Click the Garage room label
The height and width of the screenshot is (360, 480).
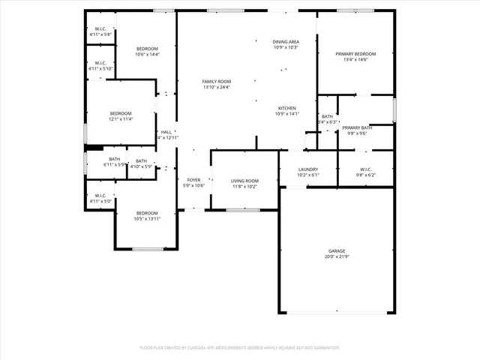(336, 251)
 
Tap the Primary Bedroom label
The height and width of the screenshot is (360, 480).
(355, 54)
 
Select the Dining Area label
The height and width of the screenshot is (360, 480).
(286, 42)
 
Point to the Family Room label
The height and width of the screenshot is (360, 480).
(216, 82)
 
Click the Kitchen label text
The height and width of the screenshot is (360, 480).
(286, 108)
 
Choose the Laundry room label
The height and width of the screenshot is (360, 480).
(308, 169)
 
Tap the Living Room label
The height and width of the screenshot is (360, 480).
(244, 181)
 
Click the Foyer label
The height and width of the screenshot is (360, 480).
(193, 180)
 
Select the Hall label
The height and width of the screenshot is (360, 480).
(166, 132)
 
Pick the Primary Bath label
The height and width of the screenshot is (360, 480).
(357, 128)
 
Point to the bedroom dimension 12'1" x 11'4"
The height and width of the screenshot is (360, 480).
(121, 118)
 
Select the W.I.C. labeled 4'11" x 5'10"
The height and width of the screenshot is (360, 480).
(100, 68)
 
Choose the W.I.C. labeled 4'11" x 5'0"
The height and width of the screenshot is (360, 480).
(100, 201)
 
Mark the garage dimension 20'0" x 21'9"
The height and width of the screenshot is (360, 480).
(336, 256)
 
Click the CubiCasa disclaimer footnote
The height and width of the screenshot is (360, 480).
(240, 348)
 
